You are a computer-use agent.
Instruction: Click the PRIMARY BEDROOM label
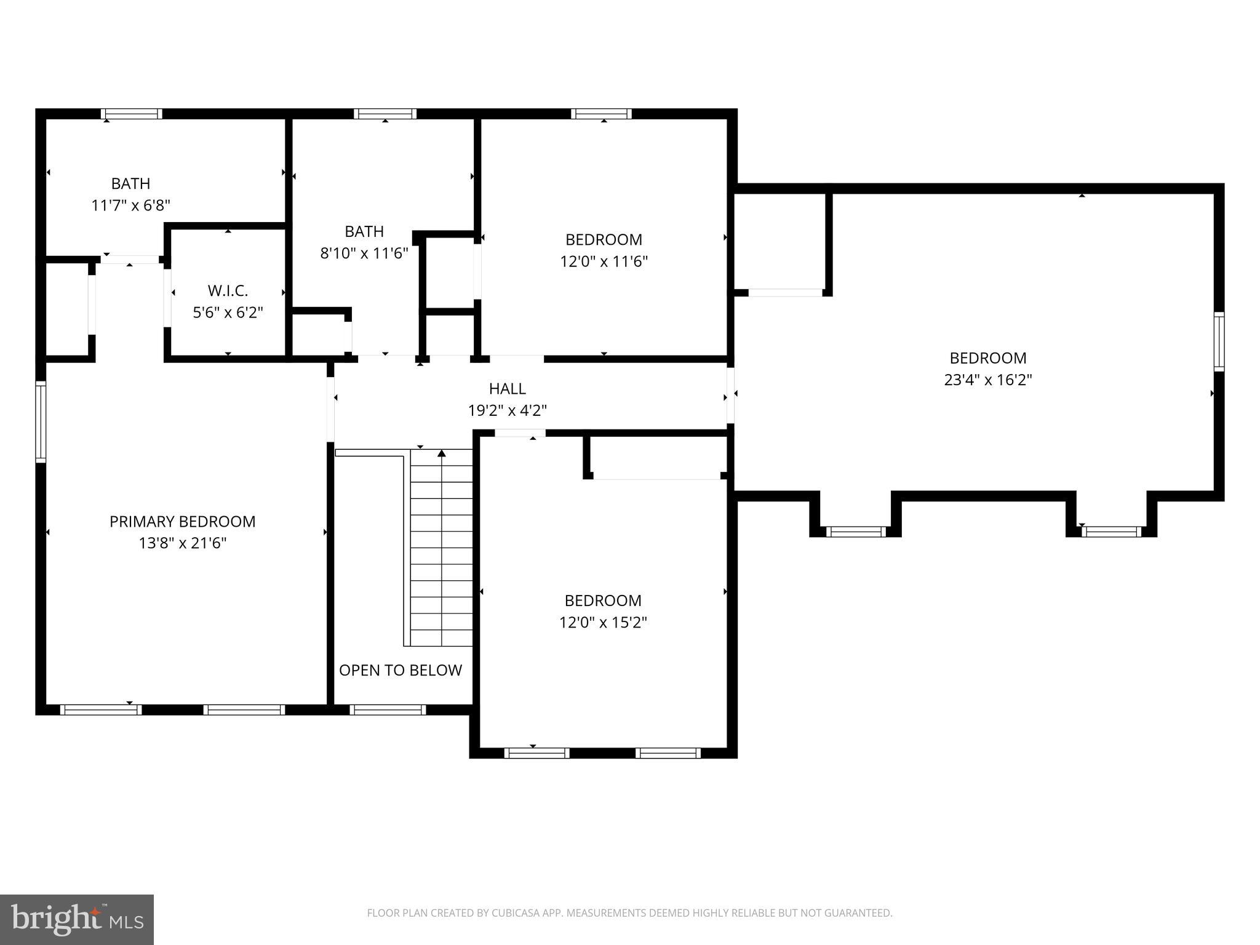[182, 521]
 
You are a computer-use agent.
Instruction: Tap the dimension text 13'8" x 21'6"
[182, 543]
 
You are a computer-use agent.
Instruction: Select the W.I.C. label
[228, 290]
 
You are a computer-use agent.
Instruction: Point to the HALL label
[507, 388]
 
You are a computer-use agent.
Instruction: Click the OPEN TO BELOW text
[400, 670]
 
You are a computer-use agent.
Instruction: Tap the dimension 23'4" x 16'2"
[987, 380]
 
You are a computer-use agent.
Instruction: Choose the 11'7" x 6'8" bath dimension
[130, 205]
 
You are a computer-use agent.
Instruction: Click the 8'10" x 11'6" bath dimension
[364, 253]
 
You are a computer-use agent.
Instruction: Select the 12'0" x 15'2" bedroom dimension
[602, 622]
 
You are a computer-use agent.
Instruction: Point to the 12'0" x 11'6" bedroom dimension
[604, 261]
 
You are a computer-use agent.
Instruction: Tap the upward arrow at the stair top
[441, 454]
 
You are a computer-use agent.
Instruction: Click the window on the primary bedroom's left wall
[41, 421]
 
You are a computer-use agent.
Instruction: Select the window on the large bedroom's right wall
[1218, 341]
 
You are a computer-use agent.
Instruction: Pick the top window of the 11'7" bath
[132, 114]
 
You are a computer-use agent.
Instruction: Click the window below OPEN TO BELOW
[388, 709]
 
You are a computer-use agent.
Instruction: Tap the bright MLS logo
[76, 919]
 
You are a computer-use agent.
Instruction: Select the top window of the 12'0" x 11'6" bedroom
[601, 114]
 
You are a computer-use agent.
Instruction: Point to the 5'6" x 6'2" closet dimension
[228, 313]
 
